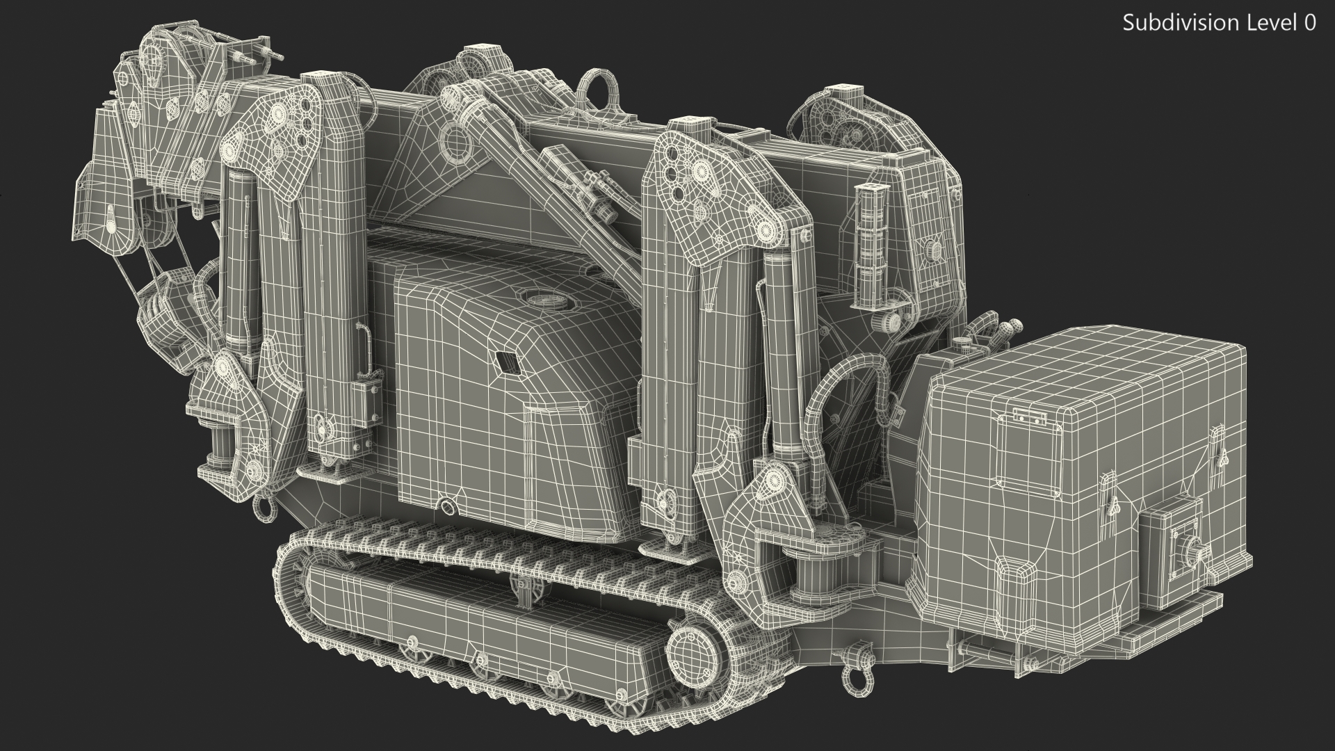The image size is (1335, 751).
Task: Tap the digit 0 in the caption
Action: (x=1309, y=23)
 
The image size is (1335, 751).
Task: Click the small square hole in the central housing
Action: (x=505, y=362)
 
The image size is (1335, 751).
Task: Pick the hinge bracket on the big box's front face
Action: (x=1030, y=415)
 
